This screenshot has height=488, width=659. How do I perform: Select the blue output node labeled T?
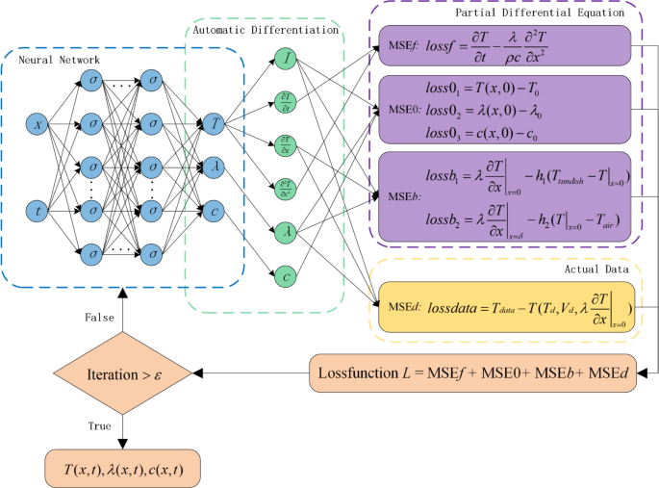[x=214, y=124]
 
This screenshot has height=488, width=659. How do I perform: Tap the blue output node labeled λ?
[x=214, y=165]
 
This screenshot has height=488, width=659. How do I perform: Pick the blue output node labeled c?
[x=214, y=206]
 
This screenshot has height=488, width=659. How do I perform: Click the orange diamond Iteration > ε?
[x=122, y=371]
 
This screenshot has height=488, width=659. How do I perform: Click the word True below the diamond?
[x=99, y=424]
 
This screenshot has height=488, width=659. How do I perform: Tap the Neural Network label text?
[x=60, y=60]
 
